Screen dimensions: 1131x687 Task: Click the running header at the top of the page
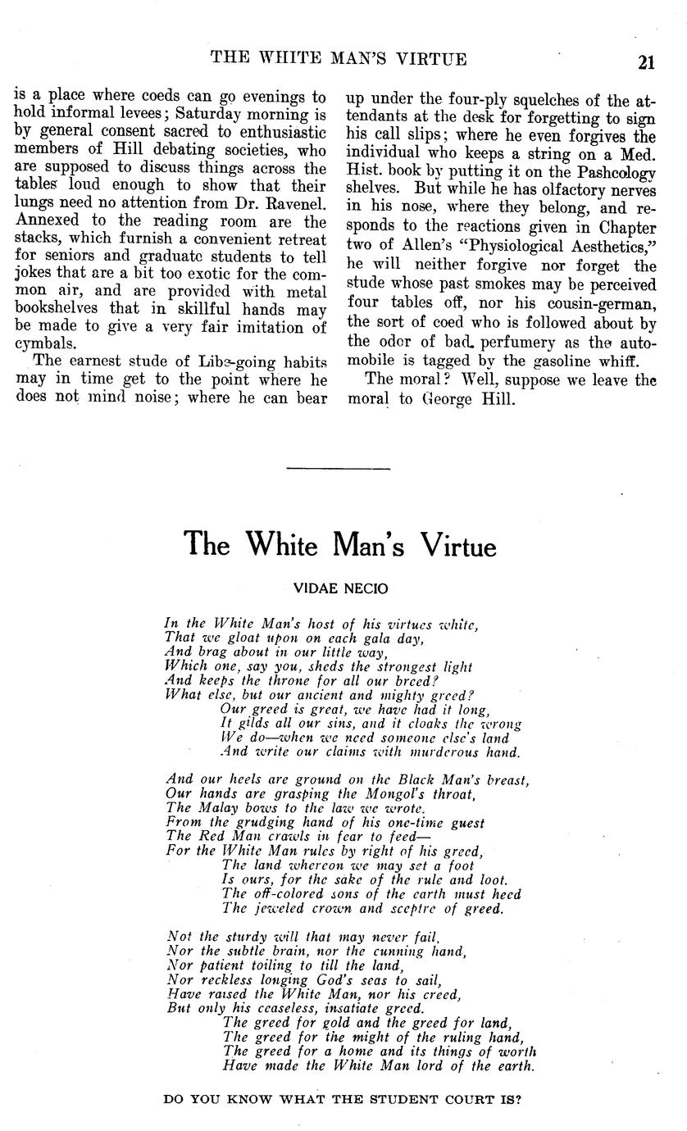pos(339,58)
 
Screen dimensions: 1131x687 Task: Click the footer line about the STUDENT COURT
pos(343,1100)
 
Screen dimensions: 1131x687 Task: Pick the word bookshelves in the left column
pos(59,309)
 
